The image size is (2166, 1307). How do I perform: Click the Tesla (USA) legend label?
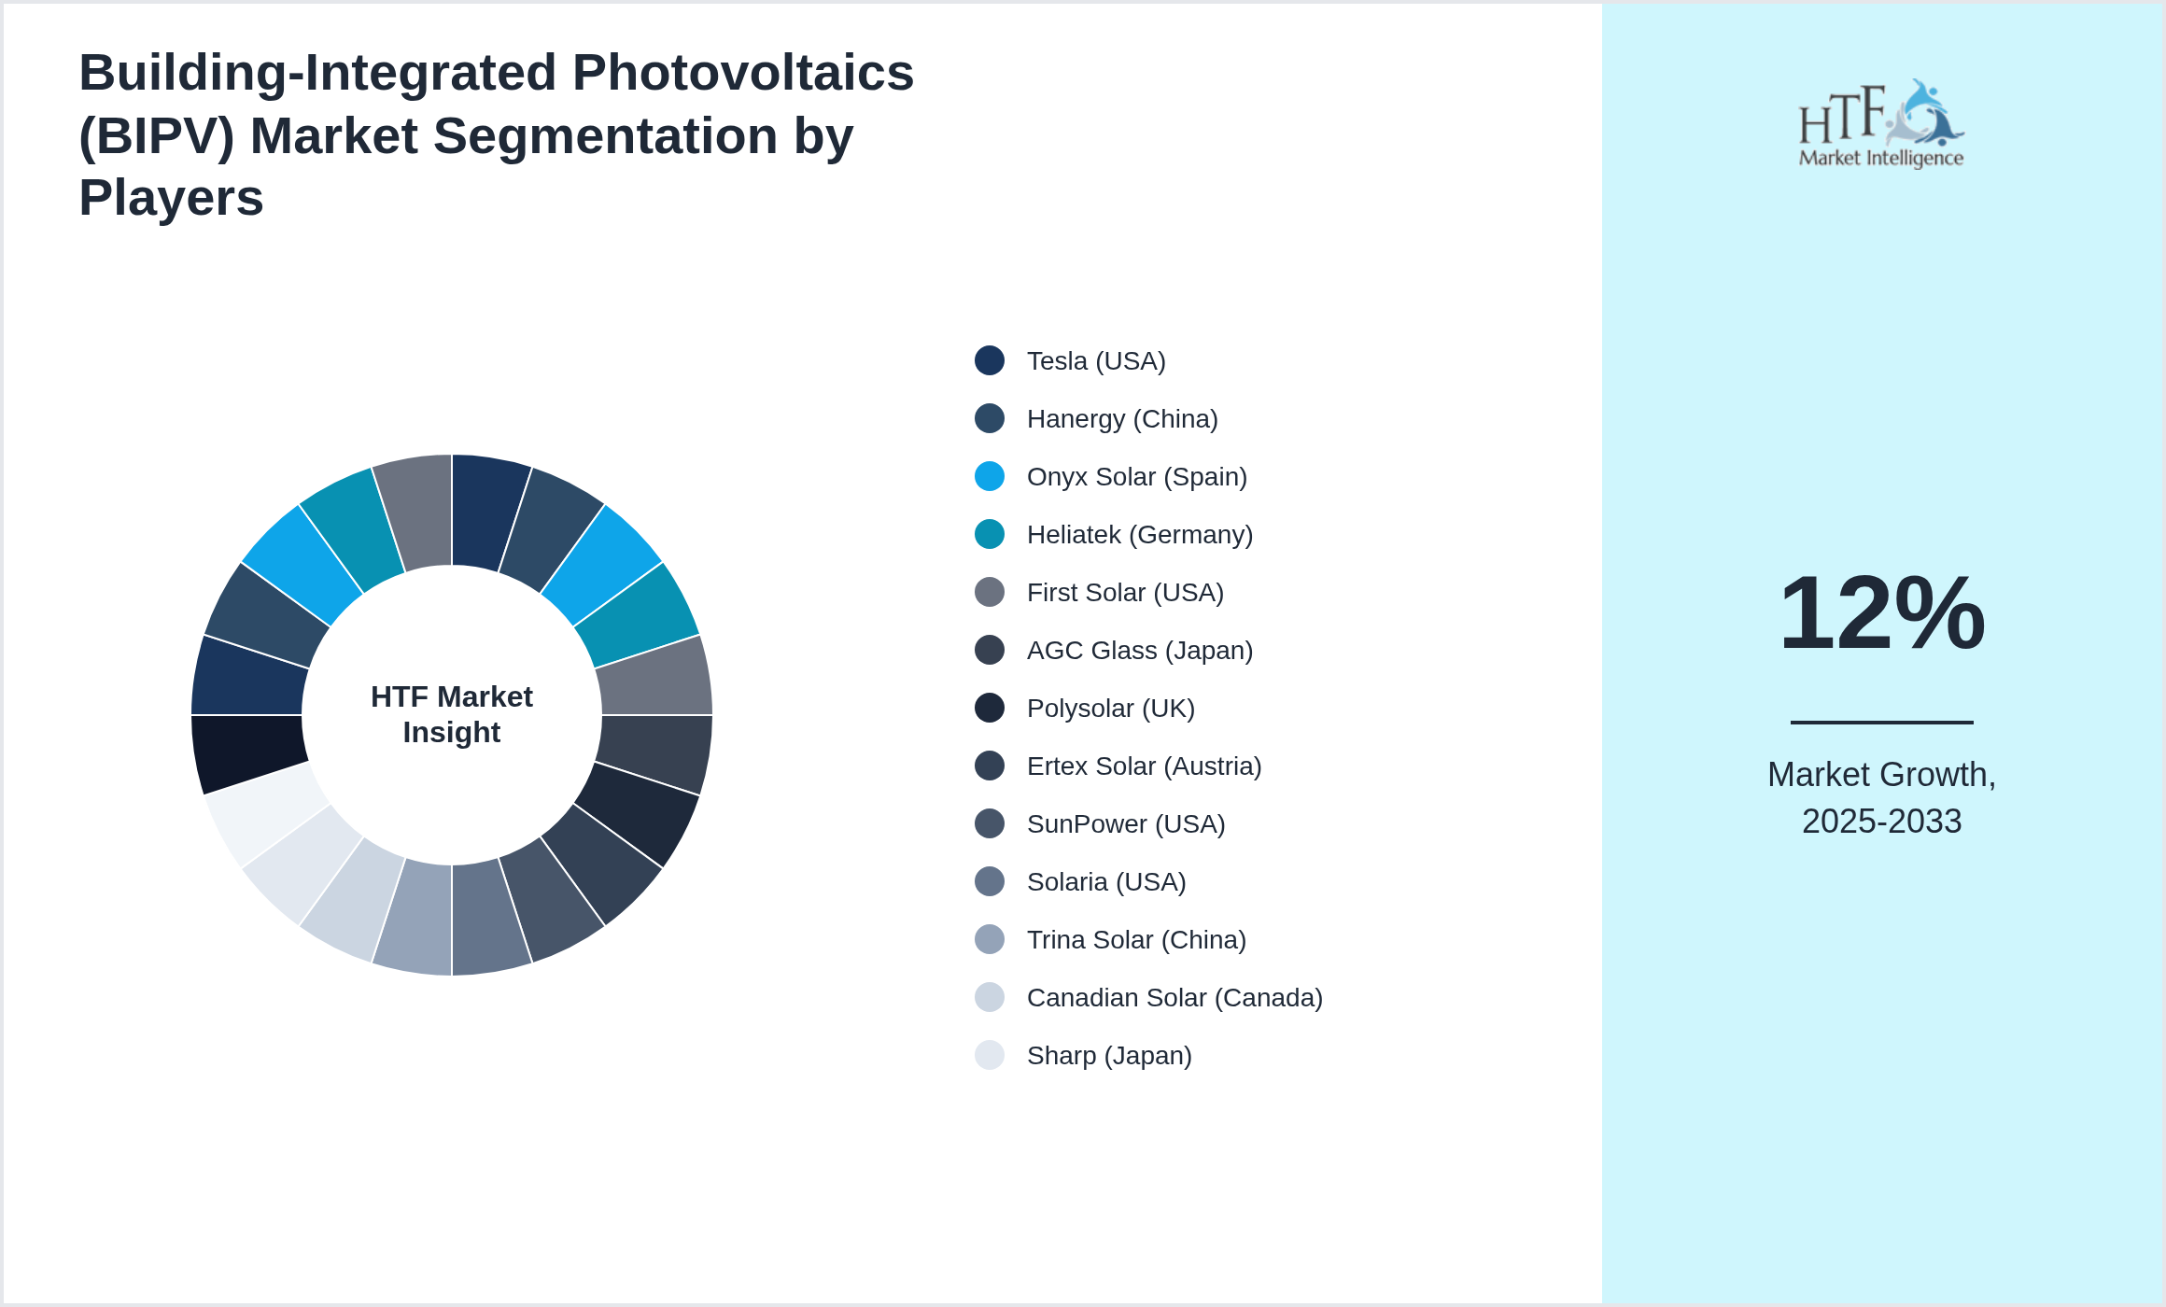[1095, 361]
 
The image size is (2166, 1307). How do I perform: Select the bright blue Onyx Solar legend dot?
[990, 476]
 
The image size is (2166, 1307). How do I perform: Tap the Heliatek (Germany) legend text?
[1139, 535]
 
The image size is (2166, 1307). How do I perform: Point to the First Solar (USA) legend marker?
[990, 592]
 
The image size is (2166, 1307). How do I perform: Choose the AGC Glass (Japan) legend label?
[1139, 651]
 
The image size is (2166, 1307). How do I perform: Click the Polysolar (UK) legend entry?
[1110, 709]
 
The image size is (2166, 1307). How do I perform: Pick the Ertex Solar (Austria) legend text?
[1144, 766]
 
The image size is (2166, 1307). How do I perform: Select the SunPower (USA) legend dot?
[990, 823]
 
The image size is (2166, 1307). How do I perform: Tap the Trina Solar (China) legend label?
[1136, 940]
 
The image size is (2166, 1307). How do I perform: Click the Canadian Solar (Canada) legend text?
[1174, 998]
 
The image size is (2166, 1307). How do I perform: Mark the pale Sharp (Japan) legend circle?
[990, 1055]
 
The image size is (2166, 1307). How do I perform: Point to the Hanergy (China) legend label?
[1122, 419]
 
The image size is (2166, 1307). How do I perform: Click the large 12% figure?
[1881, 613]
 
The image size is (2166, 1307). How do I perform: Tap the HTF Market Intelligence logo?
[1881, 124]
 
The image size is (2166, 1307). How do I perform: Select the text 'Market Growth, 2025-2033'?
[1881, 798]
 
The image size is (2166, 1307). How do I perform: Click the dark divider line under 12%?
[1881, 722]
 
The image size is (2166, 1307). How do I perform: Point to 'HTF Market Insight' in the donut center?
[452, 714]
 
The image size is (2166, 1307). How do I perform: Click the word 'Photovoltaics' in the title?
[743, 73]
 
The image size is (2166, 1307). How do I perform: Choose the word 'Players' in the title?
[171, 198]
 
